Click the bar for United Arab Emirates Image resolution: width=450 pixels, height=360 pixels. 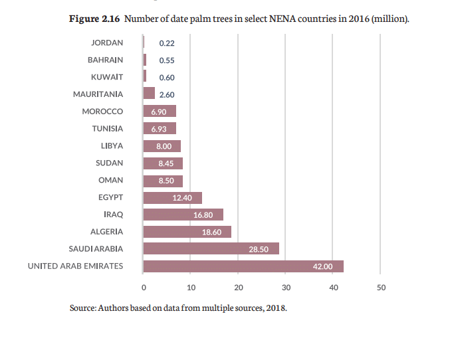tap(243, 266)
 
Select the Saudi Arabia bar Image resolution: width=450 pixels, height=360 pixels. tap(211, 249)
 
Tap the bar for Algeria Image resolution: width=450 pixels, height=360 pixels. tap(187, 232)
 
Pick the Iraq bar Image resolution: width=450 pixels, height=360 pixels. tap(183, 215)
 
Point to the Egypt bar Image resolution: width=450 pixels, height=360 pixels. tap(172, 197)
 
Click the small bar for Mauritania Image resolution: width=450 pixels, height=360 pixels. tap(149, 94)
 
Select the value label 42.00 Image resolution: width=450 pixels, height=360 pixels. tap(322, 266)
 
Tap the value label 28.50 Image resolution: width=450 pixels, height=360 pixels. tap(258, 249)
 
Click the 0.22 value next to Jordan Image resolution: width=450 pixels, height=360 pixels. tap(166, 43)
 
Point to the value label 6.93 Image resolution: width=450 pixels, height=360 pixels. tap(160, 128)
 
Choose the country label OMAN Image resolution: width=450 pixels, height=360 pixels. tap(110, 180)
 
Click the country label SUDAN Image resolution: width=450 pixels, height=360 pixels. tap(110, 163)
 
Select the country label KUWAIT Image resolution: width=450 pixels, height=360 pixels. tap(107, 76)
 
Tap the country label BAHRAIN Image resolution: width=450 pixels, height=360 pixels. tap(105, 60)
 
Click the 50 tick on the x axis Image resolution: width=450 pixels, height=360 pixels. tap(381, 288)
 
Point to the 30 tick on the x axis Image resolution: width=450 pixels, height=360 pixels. tap(286, 288)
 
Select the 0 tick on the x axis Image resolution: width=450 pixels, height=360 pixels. tap(144, 288)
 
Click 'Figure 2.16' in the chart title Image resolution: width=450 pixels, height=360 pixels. tap(94, 19)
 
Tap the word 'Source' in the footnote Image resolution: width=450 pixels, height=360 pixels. tap(82, 308)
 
